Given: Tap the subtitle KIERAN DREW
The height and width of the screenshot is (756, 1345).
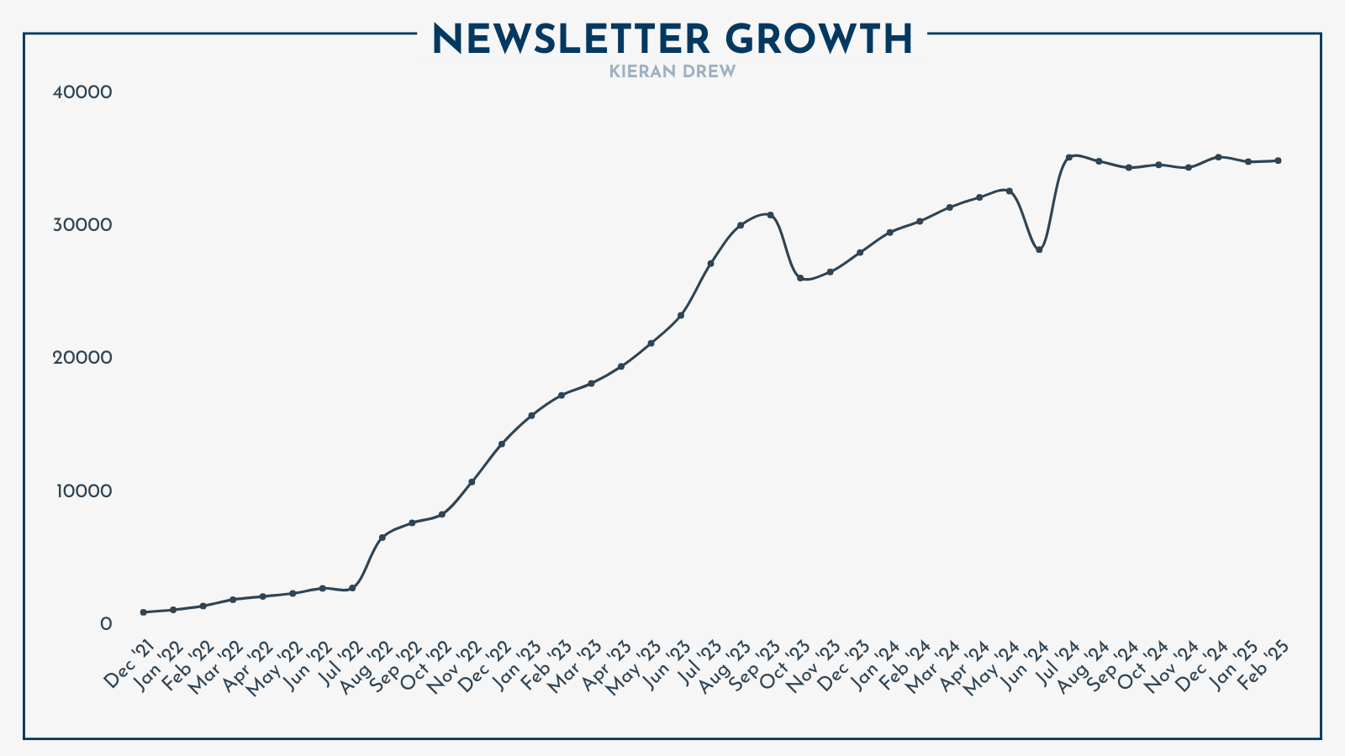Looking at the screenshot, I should [672, 72].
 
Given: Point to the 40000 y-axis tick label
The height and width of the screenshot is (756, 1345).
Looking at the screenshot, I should [82, 92].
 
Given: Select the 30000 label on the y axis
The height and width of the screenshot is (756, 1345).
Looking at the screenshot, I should [82, 225].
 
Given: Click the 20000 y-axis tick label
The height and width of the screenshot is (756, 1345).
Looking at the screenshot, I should [82, 358].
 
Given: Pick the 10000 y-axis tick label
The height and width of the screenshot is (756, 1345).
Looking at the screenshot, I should [82, 491].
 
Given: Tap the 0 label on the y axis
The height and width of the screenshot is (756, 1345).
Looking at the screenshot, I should [106, 623].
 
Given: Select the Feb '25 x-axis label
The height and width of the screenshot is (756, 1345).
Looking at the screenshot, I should [1265, 664].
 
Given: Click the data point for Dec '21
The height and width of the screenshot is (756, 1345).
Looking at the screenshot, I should [144, 612].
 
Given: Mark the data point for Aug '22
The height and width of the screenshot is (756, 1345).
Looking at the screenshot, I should [382, 538].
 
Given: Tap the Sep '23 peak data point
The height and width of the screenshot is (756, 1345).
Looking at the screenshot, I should [770, 215].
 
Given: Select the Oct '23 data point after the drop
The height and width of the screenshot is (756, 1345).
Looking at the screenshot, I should [800, 278].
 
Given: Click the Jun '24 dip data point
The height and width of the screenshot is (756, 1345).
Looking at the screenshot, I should [1039, 250].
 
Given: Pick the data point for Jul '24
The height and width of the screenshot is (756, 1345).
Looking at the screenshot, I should [1068, 157].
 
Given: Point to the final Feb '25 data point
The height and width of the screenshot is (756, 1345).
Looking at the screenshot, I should [1278, 160].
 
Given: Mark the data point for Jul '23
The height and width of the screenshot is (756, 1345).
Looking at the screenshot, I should [710, 264].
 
